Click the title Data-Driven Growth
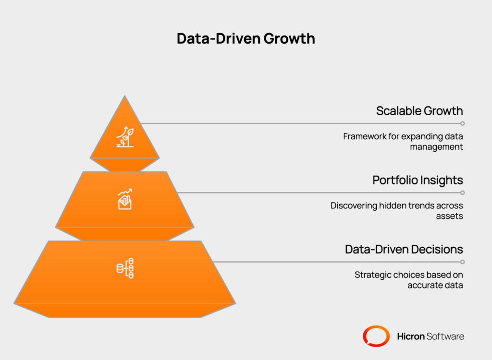tap(246, 38)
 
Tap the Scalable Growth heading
tap(419, 111)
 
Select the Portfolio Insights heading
tap(418, 180)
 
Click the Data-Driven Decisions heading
tap(404, 249)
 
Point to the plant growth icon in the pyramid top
tap(125, 137)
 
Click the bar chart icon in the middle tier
tap(125, 199)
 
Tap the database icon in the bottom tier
tap(125, 268)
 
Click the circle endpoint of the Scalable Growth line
tap(463, 123)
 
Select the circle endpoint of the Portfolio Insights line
tap(463, 192)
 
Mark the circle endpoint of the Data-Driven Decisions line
tap(463, 262)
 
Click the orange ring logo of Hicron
tap(376, 336)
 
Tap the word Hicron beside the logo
tap(411, 336)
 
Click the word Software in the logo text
tap(445, 336)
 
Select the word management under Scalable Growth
tap(436, 147)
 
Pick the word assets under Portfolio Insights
tap(449, 216)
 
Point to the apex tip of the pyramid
tap(124, 96)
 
